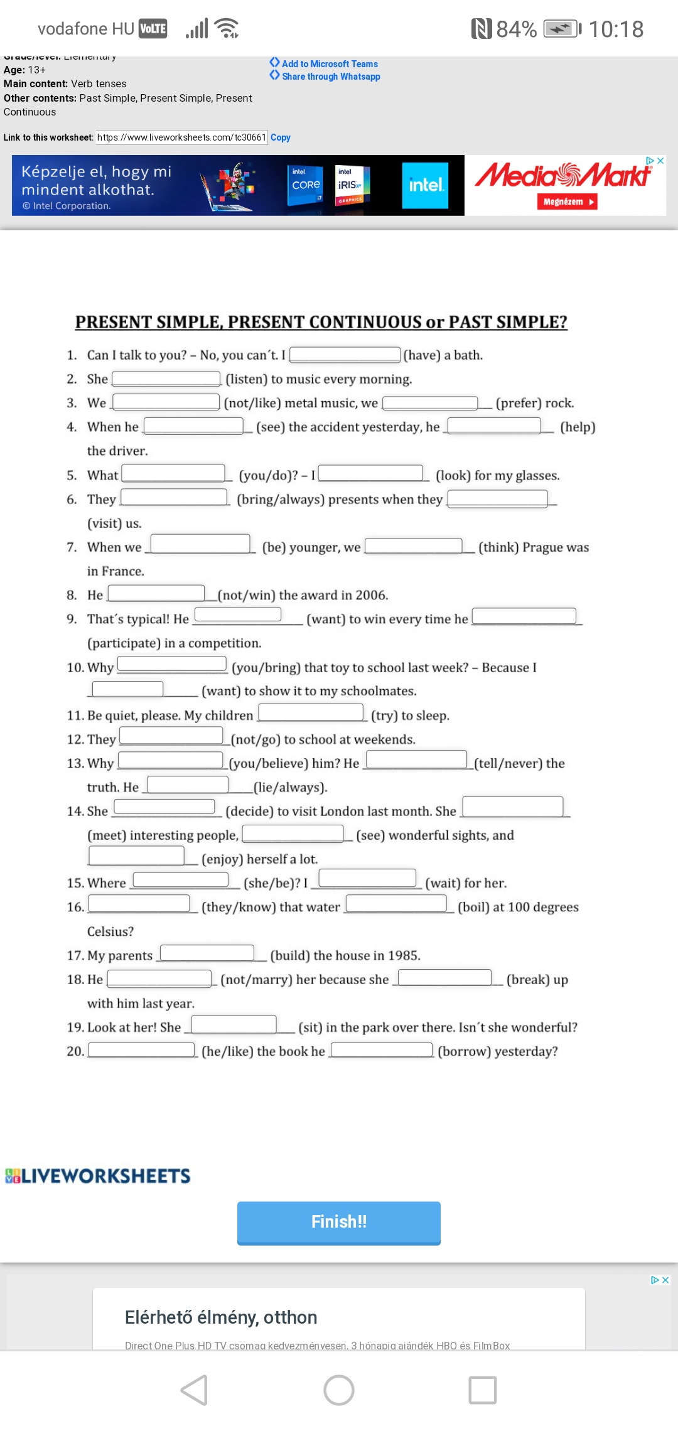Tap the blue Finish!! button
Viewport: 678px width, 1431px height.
(338, 1221)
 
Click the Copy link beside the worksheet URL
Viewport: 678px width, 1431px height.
(281, 137)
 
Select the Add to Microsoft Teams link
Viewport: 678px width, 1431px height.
(330, 64)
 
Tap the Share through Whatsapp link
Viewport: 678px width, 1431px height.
(331, 77)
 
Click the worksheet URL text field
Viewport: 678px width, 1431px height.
(181, 137)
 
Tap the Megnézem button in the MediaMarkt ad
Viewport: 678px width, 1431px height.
(566, 201)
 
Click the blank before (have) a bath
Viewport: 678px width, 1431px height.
(345, 355)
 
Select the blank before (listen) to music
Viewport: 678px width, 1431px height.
(166, 378)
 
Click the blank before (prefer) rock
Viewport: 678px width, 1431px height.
(430, 402)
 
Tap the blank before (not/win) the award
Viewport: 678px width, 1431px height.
(156, 593)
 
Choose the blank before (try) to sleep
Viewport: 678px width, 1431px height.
(311, 712)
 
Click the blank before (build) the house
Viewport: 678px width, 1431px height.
(207, 953)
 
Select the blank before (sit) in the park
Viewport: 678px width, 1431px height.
(234, 1024)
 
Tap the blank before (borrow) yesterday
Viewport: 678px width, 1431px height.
(382, 1049)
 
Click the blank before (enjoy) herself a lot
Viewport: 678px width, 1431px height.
(137, 855)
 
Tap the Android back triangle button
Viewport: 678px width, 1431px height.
(195, 1390)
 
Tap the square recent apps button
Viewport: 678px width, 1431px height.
(483, 1390)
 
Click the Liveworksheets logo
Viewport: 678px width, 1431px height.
(97, 1176)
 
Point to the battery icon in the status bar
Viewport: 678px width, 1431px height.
(562, 29)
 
